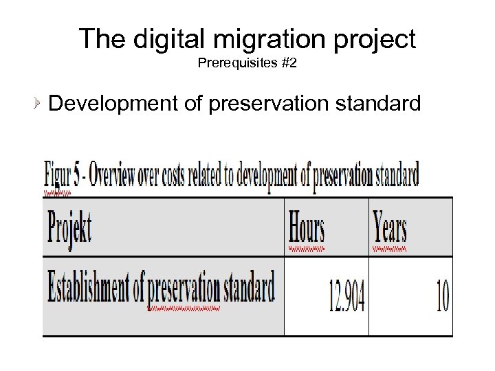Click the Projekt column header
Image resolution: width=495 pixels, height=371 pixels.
[x=69, y=226]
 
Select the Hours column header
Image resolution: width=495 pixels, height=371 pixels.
[x=307, y=226]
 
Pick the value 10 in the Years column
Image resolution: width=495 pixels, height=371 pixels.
[x=443, y=297]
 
